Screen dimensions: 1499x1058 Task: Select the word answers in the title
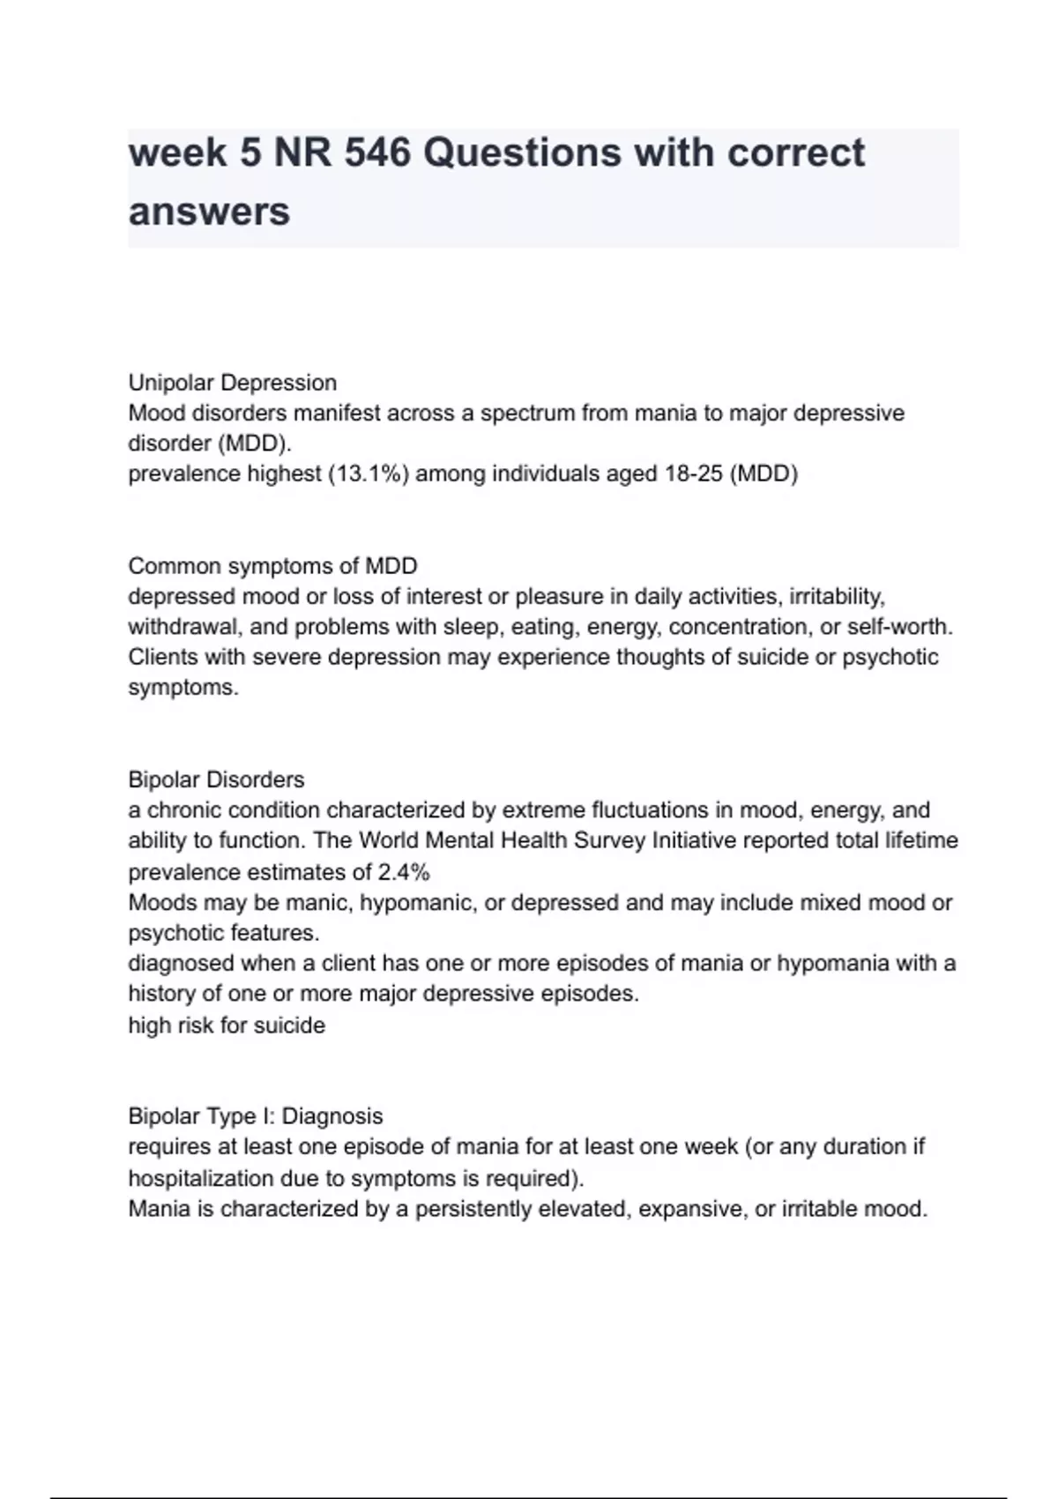point(209,213)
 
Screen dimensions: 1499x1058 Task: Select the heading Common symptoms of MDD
point(272,566)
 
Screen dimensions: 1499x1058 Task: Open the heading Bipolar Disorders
point(216,779)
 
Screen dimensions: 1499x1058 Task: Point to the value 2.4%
point(404,872)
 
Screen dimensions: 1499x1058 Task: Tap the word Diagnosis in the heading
point(332,1116)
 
